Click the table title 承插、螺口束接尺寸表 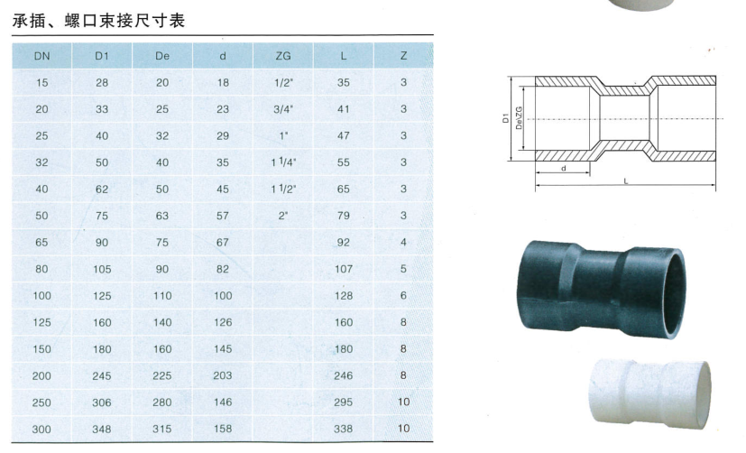(x=98, y=21)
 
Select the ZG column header (x=283, y=56)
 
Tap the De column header (x=162, y=56)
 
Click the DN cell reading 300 (x=41, y=429)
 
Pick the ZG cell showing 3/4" (x=283, y=109)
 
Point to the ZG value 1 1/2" (x=283, y=189)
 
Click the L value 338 (x=343, y=429)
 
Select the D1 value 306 (x=102, y=402)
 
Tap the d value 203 (x=223, y=375)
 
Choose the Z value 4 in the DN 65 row (x=403, y=242)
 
